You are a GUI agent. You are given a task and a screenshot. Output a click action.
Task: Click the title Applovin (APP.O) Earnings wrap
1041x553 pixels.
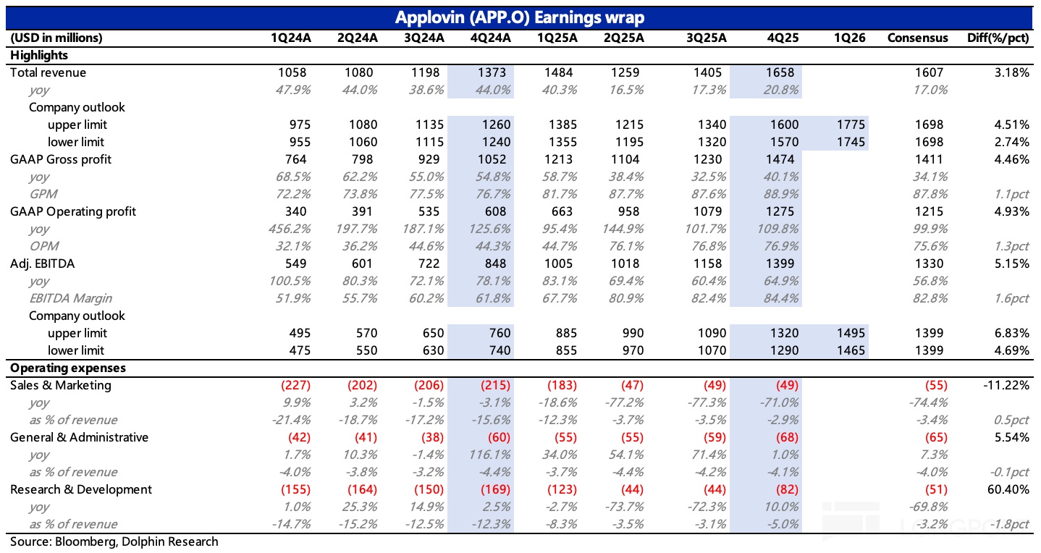point(520,17)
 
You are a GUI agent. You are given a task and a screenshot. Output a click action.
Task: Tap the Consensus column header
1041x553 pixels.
point(917,38)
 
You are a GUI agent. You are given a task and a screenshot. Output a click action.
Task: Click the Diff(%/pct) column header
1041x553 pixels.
point(998,38)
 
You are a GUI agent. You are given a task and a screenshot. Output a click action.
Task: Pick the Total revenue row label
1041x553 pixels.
point(48,72)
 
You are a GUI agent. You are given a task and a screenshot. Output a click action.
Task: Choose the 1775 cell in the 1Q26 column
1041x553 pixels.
point(850,124)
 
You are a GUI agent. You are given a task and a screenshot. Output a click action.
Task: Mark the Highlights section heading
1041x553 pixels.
point(39,55)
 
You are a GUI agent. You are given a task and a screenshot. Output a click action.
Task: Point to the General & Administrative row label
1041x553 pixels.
point(79,437)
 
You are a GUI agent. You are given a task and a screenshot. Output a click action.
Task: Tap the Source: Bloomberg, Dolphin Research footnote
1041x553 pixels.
point(114,541)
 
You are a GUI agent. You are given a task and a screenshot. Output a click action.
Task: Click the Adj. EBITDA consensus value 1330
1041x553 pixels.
point(929,263)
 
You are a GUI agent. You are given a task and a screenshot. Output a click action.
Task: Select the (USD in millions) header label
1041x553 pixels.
point(56,38)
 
